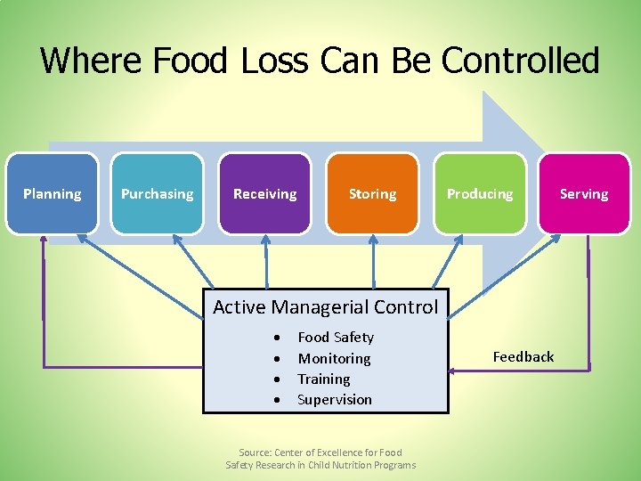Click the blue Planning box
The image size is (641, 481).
click(x=52, y=194)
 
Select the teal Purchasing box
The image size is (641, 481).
click(x=157, y=194)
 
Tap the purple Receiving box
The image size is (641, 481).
click(x=264, y=194)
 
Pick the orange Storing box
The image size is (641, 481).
click(x=372, y=194)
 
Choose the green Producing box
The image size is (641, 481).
click(x=480, y=194)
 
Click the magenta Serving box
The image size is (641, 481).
click(x=584, y=194)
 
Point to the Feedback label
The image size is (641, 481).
click(x=523, y=357)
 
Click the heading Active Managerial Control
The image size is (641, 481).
click(x=325, y=307)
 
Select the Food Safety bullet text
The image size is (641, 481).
click(x=336, y=338)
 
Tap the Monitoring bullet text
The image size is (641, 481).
click(x=334, y=359)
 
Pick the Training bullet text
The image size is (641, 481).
click(x=324, y=379)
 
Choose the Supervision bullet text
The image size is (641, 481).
click(x=335, y=400)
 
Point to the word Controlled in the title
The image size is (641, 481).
click(x=521, y=61)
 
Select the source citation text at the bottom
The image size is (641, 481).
click(x=320, y=459)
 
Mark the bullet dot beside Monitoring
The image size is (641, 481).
click(x=279, y=359)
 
